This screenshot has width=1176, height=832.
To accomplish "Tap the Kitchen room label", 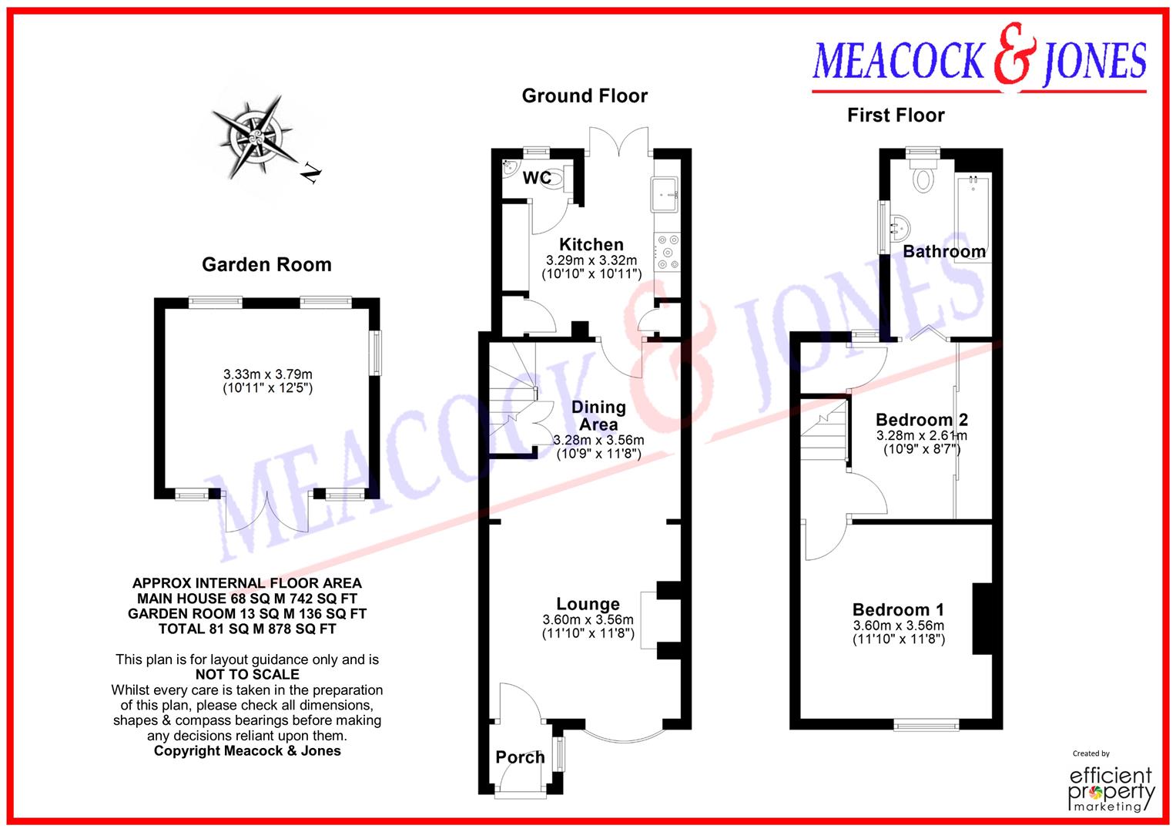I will (x=591, y=244).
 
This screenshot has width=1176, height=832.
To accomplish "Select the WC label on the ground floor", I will (x=537, y=178).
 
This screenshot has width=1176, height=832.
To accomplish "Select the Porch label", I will (x=520, y=757).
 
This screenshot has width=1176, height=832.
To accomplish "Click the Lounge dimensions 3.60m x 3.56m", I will (x=588, y=620).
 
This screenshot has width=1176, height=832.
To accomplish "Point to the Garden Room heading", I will (x=266, y=265).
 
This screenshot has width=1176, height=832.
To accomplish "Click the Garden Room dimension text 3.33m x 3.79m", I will (x=267, y=375).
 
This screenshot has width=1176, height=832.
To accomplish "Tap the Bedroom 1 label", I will (x=898, y=610).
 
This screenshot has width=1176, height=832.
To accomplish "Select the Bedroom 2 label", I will (x=921, y=420).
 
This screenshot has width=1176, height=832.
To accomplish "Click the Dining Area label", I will (x=598, y=415).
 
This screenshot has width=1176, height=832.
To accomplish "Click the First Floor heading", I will (x=895, y=116).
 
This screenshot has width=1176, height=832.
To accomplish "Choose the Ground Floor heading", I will (x=585, y=96).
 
